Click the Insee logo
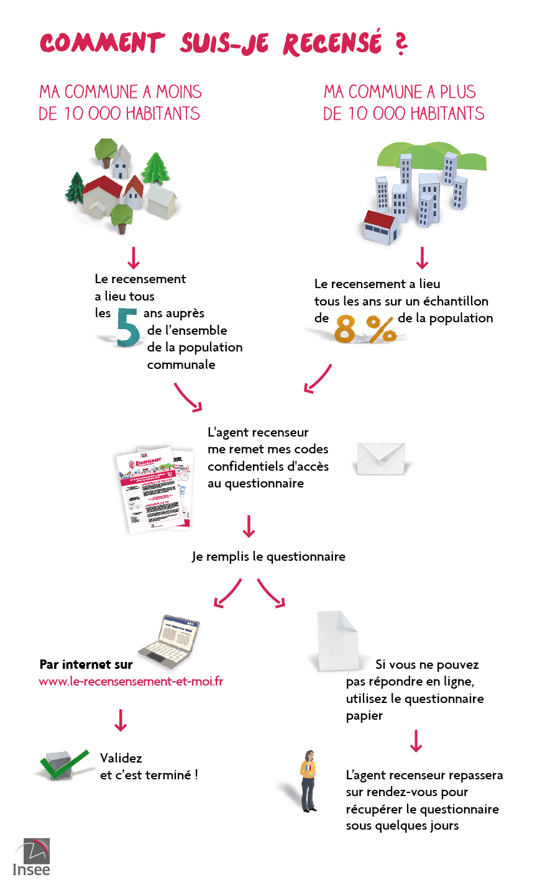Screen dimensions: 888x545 31,857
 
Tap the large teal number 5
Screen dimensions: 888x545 129,327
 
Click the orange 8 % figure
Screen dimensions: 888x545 365,328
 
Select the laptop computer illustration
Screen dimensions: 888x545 170,640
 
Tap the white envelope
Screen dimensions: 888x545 380,459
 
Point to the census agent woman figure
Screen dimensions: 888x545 308,781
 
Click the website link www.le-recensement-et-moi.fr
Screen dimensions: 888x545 131,681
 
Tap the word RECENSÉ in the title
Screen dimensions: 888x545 332,43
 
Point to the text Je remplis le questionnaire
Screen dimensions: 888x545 268,556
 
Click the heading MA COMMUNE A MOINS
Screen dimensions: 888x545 121,92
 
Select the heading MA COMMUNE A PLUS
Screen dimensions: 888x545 400,92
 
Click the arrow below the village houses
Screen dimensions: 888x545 133,258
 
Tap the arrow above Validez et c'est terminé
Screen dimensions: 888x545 121,720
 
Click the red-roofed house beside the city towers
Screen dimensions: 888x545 380,227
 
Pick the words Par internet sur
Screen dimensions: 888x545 86,664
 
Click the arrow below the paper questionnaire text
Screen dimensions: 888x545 416,741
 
